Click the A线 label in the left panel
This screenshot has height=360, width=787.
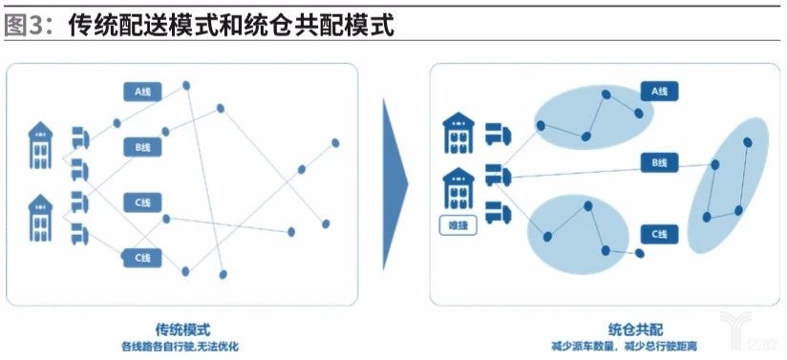point(143,92)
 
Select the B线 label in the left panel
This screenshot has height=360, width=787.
point(143,147)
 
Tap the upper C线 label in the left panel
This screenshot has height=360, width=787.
point(143,202)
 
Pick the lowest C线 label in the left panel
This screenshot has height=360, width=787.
point(143,257)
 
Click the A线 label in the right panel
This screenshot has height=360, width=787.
point(659,92)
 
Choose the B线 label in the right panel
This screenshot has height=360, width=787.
point(659,162)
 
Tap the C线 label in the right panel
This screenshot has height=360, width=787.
point(659,233)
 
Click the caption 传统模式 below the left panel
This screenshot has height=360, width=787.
point(182,327)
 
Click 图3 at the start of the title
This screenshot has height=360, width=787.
point(28,26)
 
